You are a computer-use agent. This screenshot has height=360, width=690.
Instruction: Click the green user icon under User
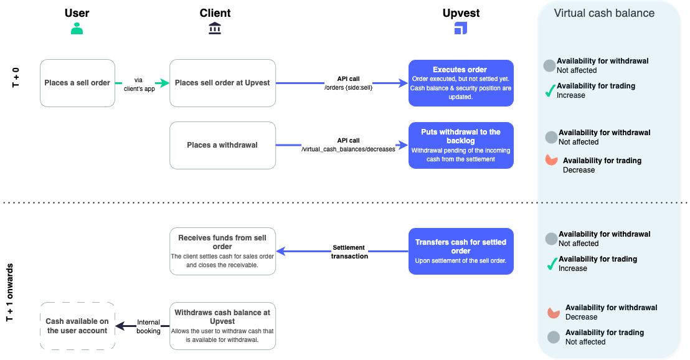pos(77,28)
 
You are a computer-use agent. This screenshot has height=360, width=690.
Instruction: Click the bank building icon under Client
pos(215,28)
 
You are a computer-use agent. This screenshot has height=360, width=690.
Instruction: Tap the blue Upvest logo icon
pos(461,28)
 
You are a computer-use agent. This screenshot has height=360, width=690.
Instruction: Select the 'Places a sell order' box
pos(77,83)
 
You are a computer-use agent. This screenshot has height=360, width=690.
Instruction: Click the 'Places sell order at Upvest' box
pos(222,83)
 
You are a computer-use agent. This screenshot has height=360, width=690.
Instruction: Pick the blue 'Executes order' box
pos(461,83)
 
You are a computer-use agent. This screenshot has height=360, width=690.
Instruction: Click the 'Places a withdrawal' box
pos(222,145)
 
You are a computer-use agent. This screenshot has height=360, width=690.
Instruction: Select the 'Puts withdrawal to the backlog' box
pos(461,145)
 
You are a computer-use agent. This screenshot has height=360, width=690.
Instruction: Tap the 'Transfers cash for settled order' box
pos(461,251)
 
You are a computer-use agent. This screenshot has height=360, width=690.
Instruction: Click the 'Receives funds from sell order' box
pos(222,251)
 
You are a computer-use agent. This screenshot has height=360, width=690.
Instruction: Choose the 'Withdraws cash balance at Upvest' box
pos(222,326)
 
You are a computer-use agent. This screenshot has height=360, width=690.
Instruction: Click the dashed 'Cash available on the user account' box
pos(77,326)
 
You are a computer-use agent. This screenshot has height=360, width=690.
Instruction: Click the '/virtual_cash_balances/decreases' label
pos(347,149)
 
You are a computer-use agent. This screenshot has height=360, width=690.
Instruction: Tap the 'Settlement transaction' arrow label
pos(349,252)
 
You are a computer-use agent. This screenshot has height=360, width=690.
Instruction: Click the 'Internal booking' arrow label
pos(148,326)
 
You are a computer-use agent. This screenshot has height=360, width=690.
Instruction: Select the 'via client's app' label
pos(138,84)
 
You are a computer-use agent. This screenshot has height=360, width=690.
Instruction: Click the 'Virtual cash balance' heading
pos(604,13)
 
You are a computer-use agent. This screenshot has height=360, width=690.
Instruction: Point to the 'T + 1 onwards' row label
pos(10,292)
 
